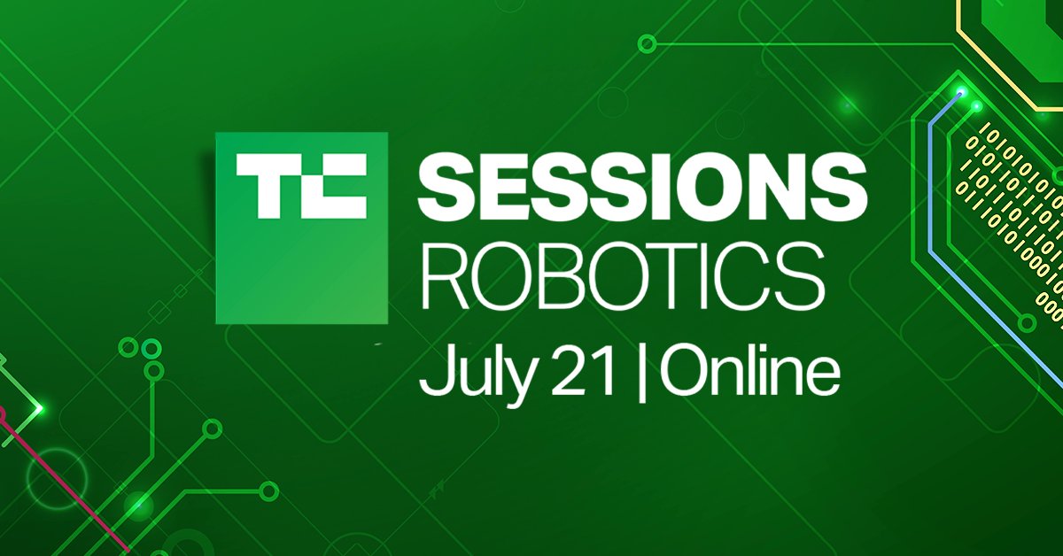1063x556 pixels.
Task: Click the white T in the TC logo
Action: tap(266, 188)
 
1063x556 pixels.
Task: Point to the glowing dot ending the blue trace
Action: tap(960, 90)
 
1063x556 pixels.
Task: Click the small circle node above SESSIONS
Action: tap(648, 42)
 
